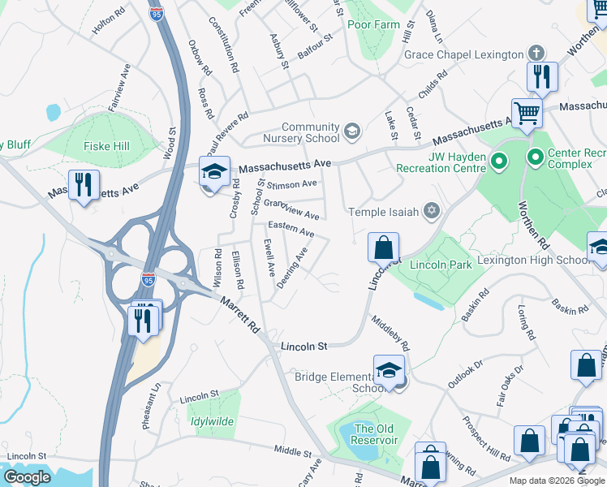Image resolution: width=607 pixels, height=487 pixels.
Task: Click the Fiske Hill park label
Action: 84,147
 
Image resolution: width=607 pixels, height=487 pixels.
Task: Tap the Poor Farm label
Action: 373,24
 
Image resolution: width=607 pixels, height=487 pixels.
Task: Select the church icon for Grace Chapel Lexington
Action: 536,54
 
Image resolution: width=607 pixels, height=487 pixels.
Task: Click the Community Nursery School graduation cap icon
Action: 351,131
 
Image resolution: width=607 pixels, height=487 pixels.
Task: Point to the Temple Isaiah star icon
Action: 433,212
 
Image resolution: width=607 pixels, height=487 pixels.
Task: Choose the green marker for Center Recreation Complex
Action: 535,155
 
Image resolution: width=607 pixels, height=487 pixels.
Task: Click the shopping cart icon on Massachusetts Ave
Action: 527,114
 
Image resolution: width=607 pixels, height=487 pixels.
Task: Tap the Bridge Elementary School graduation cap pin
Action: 390,370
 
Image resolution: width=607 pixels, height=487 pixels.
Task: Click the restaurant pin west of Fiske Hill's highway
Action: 84,186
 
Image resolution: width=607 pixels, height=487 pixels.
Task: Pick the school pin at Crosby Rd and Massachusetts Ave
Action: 215,173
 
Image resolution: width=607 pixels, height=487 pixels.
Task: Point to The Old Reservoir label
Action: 374,434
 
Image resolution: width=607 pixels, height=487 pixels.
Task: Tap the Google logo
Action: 27,476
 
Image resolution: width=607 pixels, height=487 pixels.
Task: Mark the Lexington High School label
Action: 543,260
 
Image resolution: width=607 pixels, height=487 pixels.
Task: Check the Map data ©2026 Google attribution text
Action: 556,480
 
